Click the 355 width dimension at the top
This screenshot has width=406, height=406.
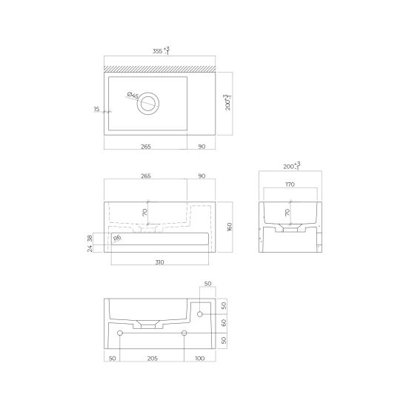coord(161,50)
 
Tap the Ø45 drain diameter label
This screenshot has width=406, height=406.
coord(133,95)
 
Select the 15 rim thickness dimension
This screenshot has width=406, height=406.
coord(96,109)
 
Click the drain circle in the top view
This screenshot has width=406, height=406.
coord(148,104)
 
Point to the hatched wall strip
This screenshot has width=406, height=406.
coord(159,69)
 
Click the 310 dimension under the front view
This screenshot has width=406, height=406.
coord(159,262)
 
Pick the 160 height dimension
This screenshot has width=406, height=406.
coord(229,227)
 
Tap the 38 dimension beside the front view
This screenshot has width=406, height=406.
coord(90,239)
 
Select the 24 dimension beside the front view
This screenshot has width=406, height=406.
coord(90,249)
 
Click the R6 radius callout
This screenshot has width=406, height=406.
coord(117,238)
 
